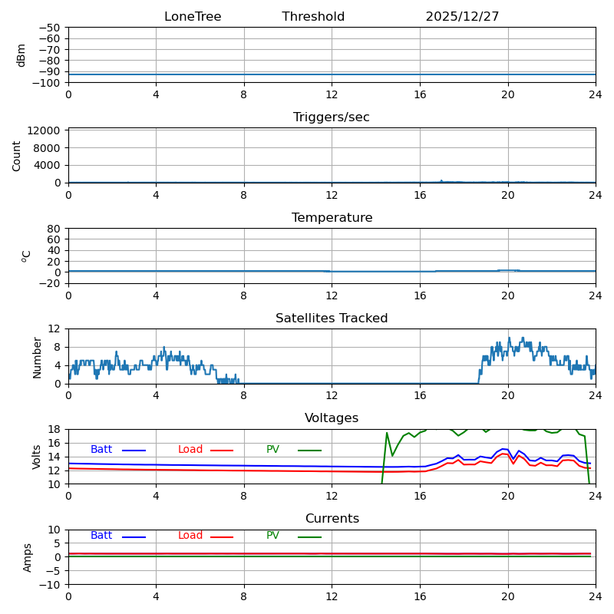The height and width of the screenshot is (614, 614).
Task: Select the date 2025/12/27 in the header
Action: point(462,17)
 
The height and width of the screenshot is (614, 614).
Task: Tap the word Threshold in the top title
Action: point(313,17)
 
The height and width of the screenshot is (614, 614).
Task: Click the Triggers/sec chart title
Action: point(332,117)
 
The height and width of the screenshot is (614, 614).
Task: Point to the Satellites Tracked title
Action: point(332,319)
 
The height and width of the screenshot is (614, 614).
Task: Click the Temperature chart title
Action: point(332,218)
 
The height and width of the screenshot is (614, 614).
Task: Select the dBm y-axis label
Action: point(21,55)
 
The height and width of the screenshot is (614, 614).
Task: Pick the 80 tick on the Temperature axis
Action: point(55,229)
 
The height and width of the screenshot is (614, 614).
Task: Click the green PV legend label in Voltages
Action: point(272,450)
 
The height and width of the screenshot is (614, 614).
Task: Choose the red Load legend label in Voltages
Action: point(190,450)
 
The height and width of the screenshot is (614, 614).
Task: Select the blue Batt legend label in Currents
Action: point(101,536)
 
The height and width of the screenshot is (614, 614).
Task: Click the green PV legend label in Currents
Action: point(272,536)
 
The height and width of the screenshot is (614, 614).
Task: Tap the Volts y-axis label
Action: point(37,457)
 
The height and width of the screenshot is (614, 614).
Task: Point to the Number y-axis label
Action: point(37,357)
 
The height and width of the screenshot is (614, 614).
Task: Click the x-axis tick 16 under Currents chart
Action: point(420,596)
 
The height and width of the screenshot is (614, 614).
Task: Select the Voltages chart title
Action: point(332,418)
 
